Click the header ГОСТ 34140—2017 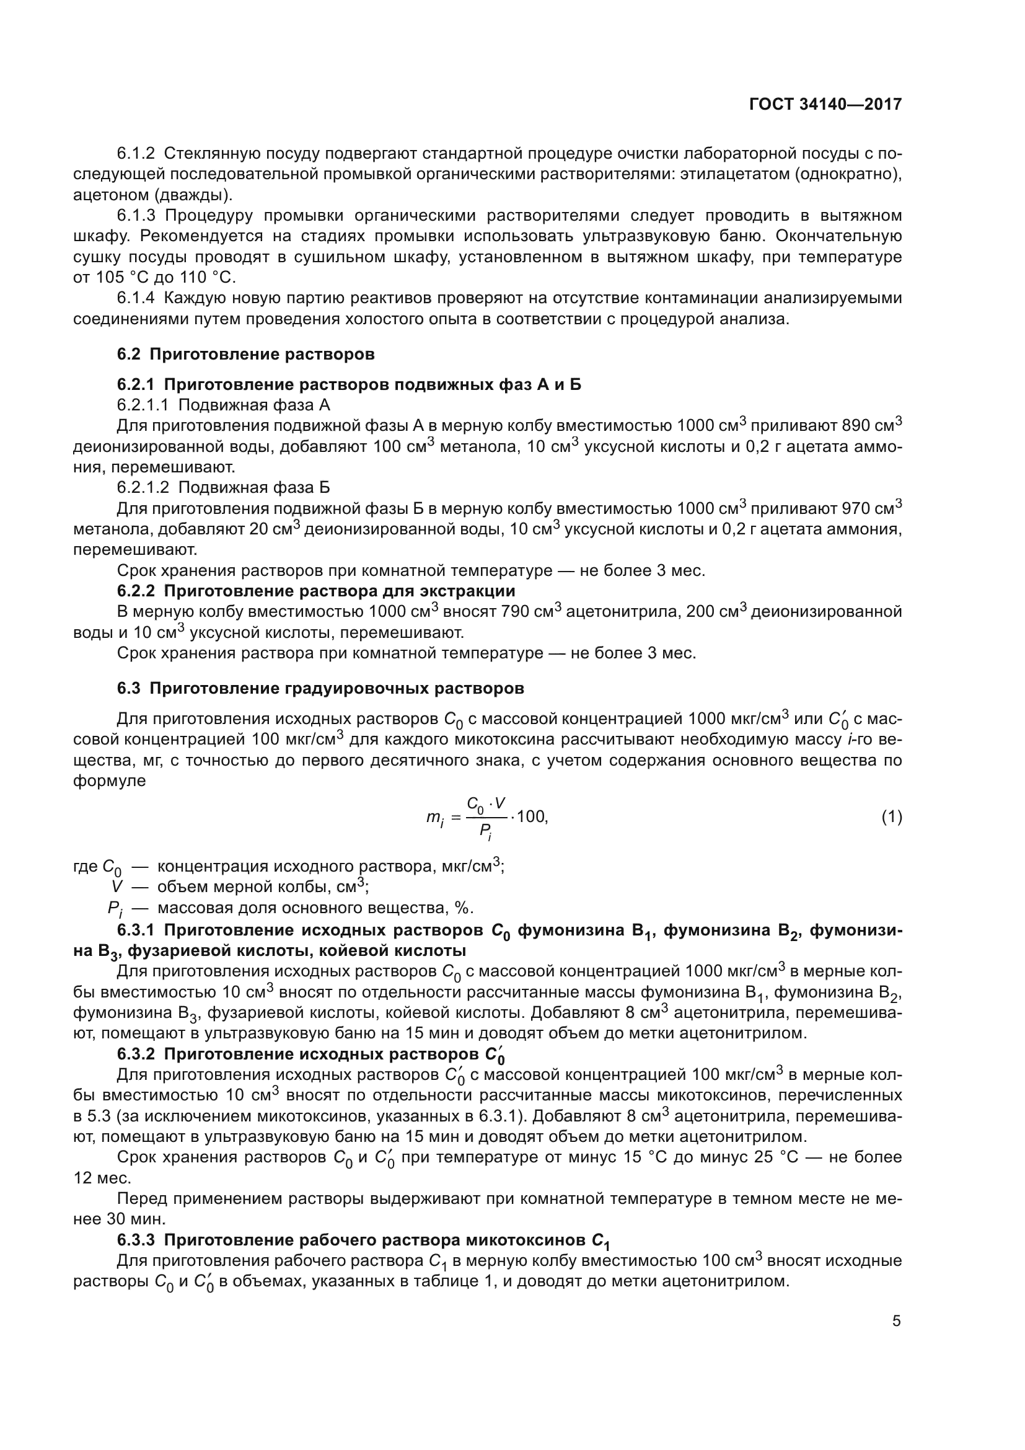coord(825,104)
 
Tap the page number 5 coord(896,1320)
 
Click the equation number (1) coord(891,817)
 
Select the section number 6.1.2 coord(136,154)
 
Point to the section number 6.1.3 coord(136,215)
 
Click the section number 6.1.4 coord(136,298)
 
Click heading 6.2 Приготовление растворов coord(245,355)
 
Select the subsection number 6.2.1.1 coord(143,405)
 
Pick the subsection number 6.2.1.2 coord(143,487)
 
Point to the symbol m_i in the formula coord(435,819)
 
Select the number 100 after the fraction coord(531,817)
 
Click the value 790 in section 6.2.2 coord(516,612)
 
